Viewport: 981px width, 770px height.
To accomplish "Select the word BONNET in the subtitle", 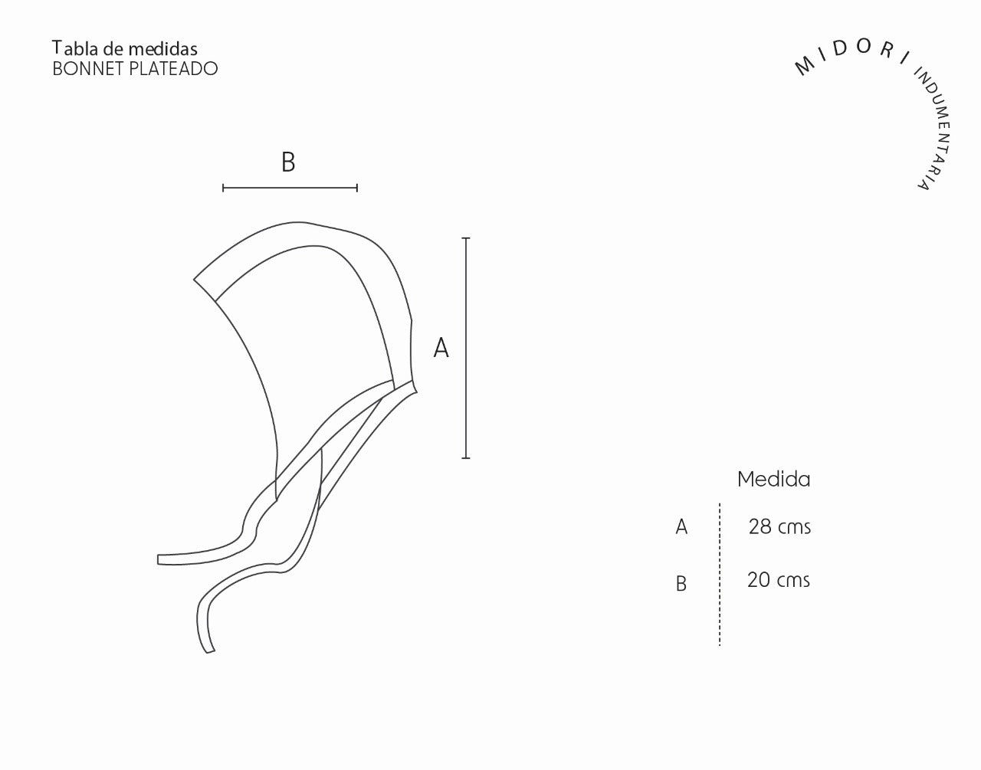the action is (88, 68).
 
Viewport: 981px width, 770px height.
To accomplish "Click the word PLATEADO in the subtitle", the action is (174, 68).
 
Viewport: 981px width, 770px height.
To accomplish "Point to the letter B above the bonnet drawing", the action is (288, 162).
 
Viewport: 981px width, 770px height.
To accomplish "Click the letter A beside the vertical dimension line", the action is (441, 348).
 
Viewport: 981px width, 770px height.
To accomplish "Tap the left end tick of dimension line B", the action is (223, 188).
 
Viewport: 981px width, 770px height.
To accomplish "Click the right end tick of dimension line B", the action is (357, 188).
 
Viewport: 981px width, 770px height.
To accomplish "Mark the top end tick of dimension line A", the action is (466, 238).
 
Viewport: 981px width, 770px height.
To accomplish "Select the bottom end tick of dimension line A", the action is (466, 458).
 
